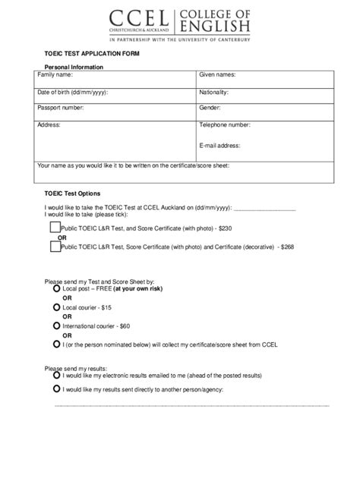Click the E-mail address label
pyautogui.click(x=220, y=145)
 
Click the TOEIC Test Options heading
pyautogui.click(x=72, y=193)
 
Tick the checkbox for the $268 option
pyautogui.click(x=55, y=246)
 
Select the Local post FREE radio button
pyautogui.click(x=57, y=289)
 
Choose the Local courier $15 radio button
pyautogui.click(x=57, y=307)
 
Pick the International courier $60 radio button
pyautogui.click(x=57, y=324)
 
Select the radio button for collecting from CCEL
pyautogui.click(x=57, y=342)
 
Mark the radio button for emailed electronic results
pyautogui.click(x=57, y=374)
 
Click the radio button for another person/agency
pyautogui.click(x=57, y=388)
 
